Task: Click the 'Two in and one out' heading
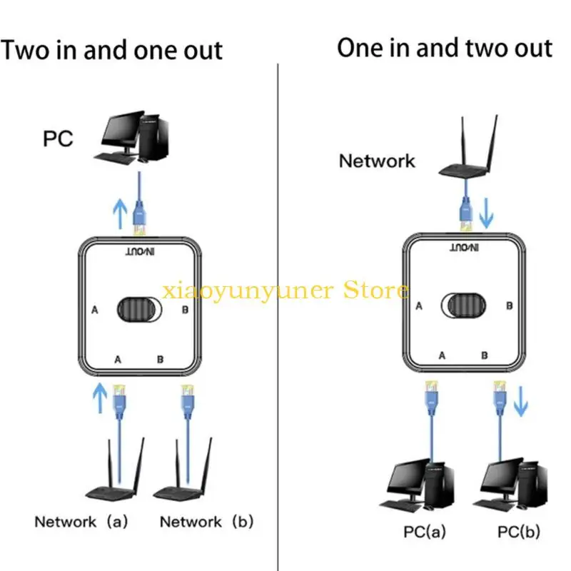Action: (112, 50)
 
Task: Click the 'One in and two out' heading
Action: (445, 49)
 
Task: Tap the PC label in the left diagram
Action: (58, 138)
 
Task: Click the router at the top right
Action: (467, 153)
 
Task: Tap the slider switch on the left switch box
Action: (140, 310)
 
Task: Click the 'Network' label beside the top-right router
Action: (376, 161)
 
